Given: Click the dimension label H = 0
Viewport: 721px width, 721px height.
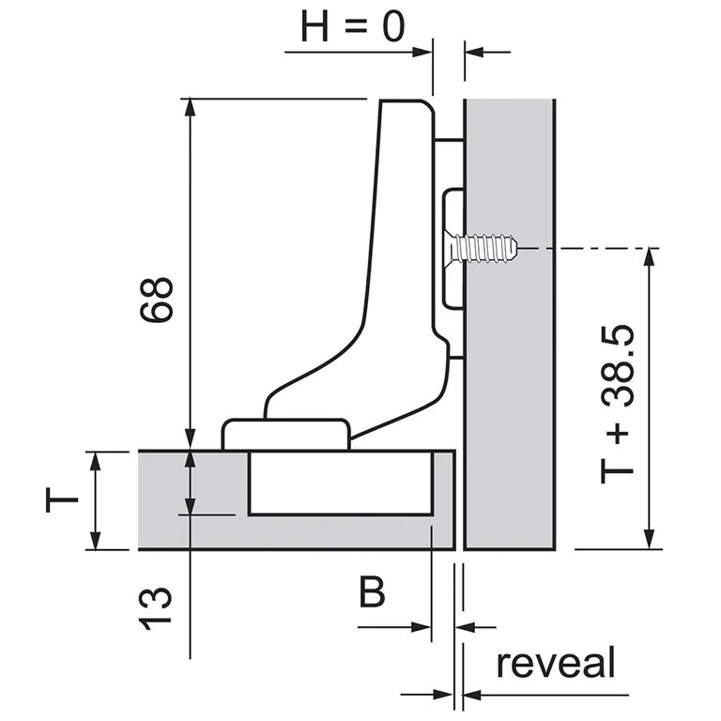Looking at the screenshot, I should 352,26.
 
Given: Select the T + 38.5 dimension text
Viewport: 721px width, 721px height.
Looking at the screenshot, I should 617,404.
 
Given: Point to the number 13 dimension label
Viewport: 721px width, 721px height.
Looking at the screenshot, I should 158,609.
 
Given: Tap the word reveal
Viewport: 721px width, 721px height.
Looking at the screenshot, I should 556,663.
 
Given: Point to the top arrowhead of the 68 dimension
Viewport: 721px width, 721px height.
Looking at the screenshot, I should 191,105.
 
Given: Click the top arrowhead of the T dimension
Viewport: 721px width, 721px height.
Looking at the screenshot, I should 95,459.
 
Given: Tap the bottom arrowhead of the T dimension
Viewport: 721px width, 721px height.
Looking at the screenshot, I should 95,542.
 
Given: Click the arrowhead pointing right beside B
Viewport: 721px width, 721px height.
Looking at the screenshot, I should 422,626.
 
